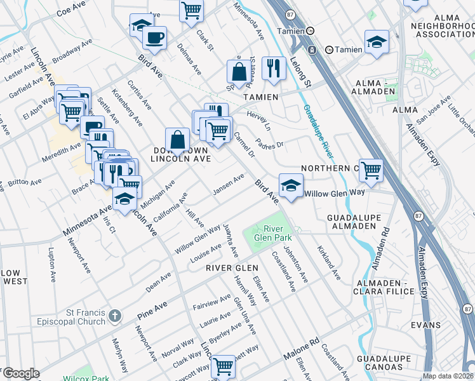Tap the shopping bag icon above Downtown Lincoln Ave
point(178,140)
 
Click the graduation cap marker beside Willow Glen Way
point(290,186)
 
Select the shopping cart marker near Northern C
point(371,170)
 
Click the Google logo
point(21,373)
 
